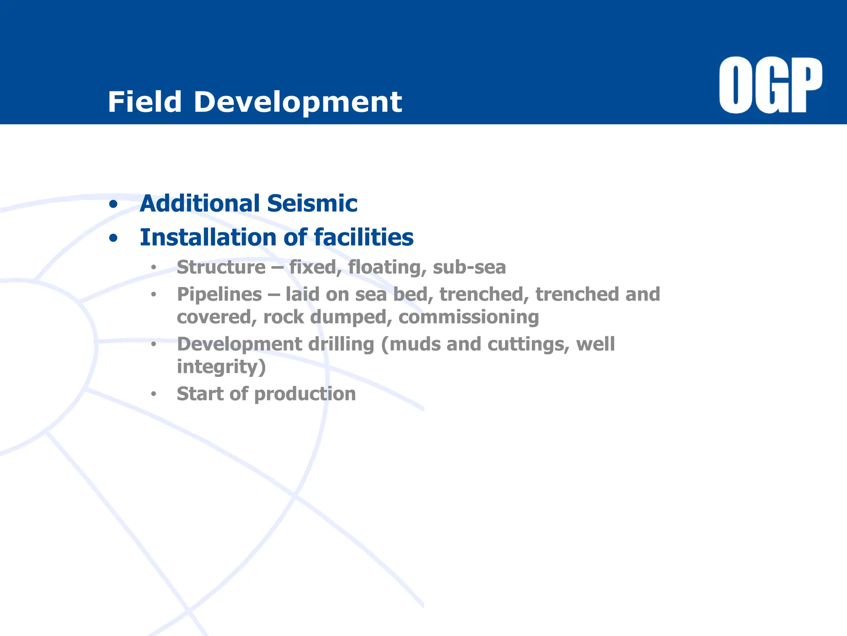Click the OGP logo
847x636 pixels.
770,85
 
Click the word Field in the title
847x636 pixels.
145,102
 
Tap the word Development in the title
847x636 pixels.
298,102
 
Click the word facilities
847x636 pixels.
364,237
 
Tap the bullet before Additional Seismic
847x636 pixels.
113,204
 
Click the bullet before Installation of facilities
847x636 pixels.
113,238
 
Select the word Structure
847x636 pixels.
221,267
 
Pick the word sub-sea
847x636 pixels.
469,267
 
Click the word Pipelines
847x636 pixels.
219,294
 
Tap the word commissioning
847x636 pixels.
469,318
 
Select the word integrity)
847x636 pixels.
221,367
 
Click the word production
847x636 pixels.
305,394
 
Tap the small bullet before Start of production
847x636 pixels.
153,394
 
